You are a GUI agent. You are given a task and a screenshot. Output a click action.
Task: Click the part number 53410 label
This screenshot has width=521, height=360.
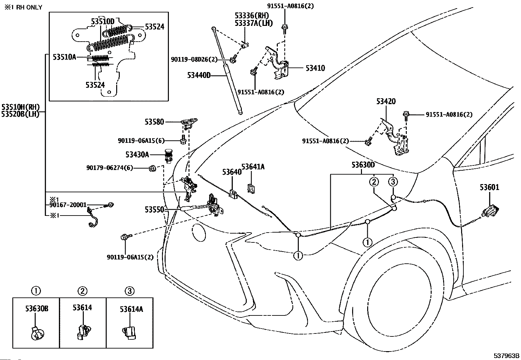pyautogui.click(x=315, y=68)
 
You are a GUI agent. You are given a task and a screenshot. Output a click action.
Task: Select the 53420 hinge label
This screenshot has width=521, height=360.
pyautogui.click(x=386, y=101)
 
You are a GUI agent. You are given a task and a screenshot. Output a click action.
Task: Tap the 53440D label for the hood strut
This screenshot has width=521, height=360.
pyautogui.click(x=199, y=75)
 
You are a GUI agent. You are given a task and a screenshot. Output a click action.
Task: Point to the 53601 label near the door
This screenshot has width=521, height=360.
pyautogui.click(x=489, y=187)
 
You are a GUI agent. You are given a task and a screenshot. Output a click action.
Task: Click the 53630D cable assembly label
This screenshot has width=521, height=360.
pyautogui.click(x=363, y=165)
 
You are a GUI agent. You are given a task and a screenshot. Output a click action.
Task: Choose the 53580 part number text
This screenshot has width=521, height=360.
pyautogui.click(x=154, y=122)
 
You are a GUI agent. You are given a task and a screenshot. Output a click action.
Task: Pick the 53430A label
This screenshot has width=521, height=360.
pyautogui.click(x=137, y=155)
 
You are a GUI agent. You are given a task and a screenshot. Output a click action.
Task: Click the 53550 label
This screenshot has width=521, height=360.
pyautogui.click(x=154, y=210)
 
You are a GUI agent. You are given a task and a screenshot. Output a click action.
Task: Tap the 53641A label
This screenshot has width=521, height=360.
pyautogui.click(x=253, y=167)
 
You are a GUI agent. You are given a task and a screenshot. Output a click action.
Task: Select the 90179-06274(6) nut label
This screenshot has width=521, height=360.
pyautogui.click(x=110, y=168)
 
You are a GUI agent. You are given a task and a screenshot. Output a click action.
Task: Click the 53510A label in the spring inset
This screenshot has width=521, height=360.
pyautogui.click(x=64, y=57)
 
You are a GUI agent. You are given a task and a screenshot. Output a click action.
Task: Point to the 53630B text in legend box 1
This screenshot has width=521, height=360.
pyautogui.click(x=37, y=309)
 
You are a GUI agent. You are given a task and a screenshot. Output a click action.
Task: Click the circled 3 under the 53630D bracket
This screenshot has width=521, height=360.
pyautogui.click(x=393, y=181)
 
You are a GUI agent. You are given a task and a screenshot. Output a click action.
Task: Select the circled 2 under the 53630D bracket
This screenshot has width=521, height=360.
pyautogui.click(x=374, y=181)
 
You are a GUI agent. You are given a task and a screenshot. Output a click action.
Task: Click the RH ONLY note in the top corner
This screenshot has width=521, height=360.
pyautogui.click(x=24, y=8)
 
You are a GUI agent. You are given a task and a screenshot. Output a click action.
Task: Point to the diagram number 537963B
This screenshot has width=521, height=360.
pyautogui.click(x=506, y=355)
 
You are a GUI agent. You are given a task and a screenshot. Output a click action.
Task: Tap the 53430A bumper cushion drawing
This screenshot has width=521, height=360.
pyautogui.click(x=169, y=156)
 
